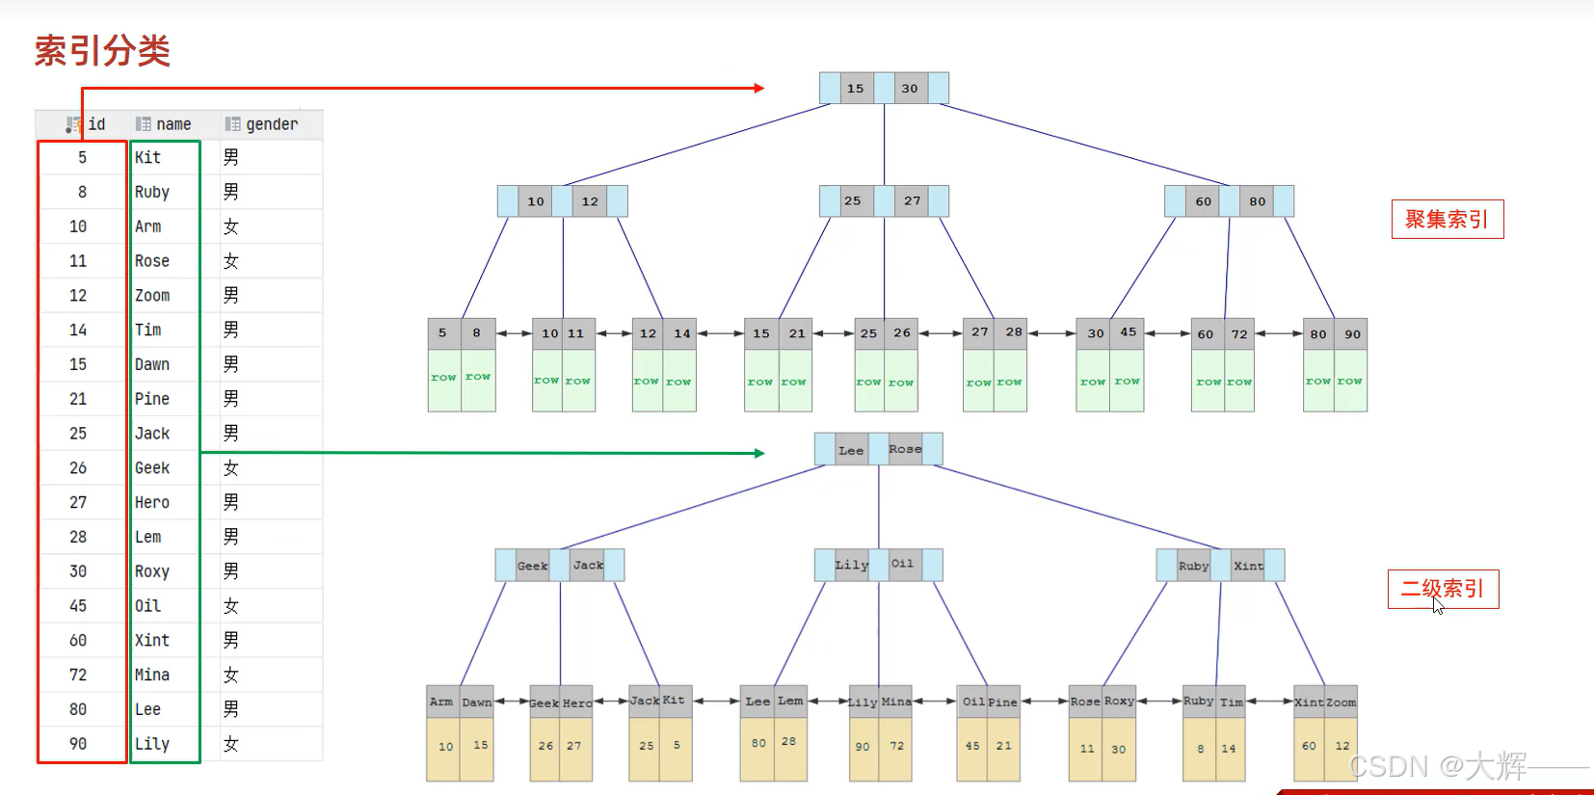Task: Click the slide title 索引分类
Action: pos(102,51)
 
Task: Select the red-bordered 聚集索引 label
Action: pos(1447,220)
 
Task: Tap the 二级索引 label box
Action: pos(1443,589)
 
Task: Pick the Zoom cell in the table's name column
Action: pos(152,296)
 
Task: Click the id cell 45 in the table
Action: pos(78,606)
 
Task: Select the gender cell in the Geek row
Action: pos(231,468)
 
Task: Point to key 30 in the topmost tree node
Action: pos(910,89)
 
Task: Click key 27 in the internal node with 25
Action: pos(912,201)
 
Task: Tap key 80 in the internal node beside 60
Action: pos(1258,201)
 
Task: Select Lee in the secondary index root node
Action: pos(851,450)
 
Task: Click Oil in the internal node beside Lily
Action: pos(902,565)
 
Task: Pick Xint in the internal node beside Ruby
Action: pos(1248,566)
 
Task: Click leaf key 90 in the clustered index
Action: pos(1352,334)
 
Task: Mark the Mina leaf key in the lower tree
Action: pos(896,702)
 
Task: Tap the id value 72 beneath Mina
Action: pos(897,746)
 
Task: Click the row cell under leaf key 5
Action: pos(443,378)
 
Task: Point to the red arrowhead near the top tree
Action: pos(758,88)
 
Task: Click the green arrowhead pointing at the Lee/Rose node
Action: pos(758,453)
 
